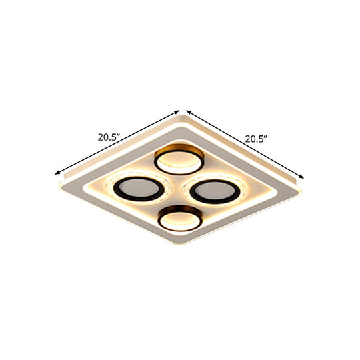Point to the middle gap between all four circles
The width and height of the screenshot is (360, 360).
pos(177,189)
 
